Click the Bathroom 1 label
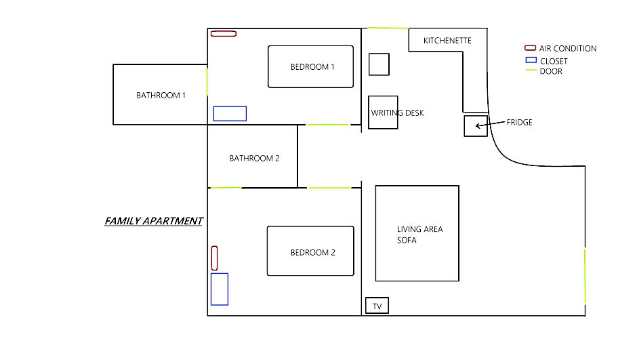(x=161, y=95)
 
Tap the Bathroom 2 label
(x=254, y=158)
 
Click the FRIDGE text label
(x=519, y=122)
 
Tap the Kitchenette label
(x=447, y=41)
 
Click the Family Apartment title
(x=154, y=220)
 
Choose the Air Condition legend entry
(x=560, y=48)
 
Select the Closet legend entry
(x=546, y=61)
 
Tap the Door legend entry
(x=544, y=71)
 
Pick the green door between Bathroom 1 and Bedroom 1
(x=207, y=82)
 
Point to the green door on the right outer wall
(x=585, y=277)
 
